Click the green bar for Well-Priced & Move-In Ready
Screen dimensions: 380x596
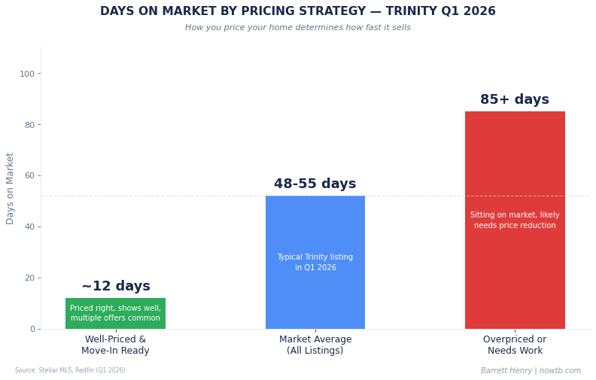(x=115, y=313)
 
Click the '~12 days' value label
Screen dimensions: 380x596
(x=116, y=287)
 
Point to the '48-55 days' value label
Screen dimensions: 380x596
(x=315, y=184)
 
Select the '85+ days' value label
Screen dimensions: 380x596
(x=515, y=100)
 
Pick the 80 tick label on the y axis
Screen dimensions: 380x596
(x=29, y=125)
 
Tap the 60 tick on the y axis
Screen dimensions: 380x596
(x=29, y=176)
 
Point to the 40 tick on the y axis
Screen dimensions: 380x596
(x=29, y=226)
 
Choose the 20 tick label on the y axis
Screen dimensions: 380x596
(x=29, y=278)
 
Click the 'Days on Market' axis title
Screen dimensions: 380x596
(x=11, y=188)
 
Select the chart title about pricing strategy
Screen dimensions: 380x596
(x=298, y=11)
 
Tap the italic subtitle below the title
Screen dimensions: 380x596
(x=298, y=28)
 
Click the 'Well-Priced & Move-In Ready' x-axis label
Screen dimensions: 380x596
(x=115, y=345)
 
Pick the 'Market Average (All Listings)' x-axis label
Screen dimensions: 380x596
(x=315, y=345)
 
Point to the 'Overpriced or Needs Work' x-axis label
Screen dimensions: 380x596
(x=515, y=345)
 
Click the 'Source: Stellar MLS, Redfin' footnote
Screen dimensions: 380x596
(x=70, y=370)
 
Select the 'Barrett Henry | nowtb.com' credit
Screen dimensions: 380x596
(x=531, y=371)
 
